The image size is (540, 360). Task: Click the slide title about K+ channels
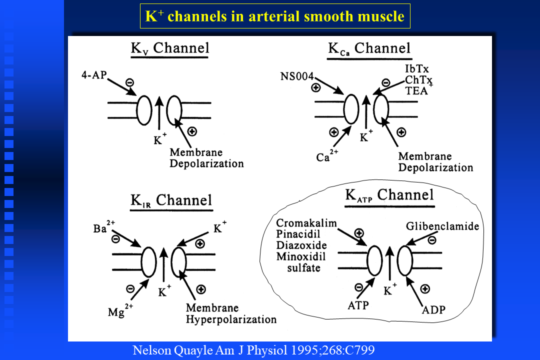point(274,16)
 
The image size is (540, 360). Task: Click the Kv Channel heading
point(169,49)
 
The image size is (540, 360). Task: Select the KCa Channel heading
point(369,49)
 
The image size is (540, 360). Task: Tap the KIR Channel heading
point(171,200)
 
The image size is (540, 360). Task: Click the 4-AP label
point(93,76)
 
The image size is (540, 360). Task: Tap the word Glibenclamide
point(442,226)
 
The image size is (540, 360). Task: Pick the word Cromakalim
point(306,223)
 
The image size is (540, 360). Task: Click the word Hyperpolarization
point(231,319)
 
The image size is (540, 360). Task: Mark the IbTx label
point(416,68)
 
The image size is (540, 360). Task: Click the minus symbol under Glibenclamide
point(432,239)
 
